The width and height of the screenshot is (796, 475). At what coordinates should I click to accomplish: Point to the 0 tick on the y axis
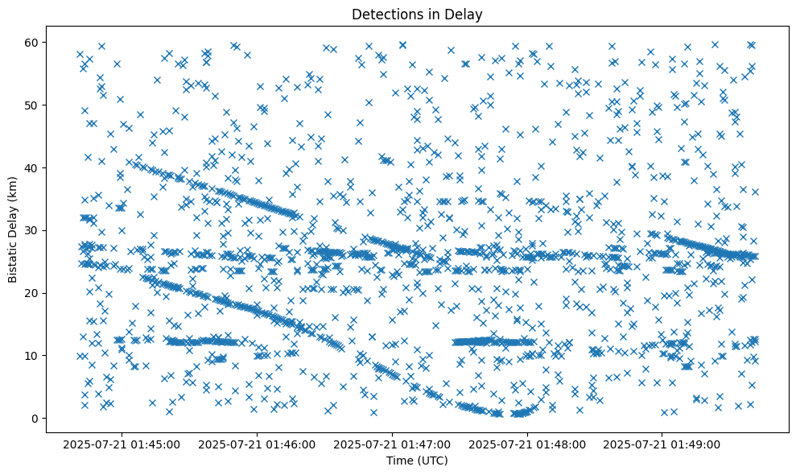coord(37,418)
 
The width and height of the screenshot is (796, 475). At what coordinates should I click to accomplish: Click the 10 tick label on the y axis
coord(34,355)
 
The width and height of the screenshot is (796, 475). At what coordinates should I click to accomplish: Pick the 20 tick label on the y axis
coord(34,293)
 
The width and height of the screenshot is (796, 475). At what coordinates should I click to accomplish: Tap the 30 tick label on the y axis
coord(34,230)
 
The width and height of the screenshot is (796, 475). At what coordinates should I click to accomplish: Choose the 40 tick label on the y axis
coord(34,167)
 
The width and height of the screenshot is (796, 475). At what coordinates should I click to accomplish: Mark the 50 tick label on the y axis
coord(34,105)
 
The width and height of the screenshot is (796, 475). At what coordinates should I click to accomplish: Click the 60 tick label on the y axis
coord(34,42)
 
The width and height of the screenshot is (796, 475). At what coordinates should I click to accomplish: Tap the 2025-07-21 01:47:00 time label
coord(394,444)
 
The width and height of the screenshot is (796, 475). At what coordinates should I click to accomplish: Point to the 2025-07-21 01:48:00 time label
coord(529,444)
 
